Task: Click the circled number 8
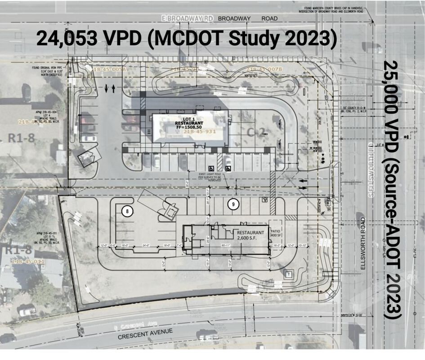[x=128, y=211]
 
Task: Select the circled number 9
[x=233, y=204]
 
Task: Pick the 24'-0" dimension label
[x=146, y=245]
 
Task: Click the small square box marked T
[x=286, y=274]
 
